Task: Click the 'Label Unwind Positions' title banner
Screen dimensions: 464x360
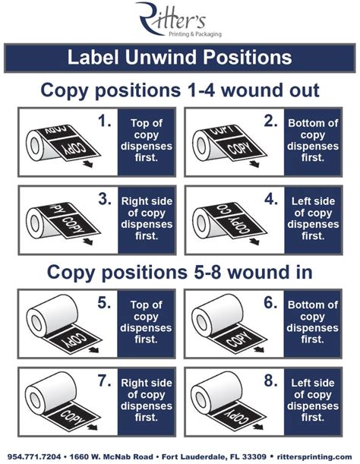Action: click(x=179, y=57)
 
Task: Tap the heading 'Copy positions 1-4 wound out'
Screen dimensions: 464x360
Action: click(x=179, y=90)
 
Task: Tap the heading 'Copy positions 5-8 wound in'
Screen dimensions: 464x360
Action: click(x=179, y=271)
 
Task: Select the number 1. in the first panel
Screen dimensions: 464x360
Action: click(x=106, y=121)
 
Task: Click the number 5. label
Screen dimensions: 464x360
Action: click(x=106, y=303)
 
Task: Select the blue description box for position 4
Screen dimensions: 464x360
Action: click(x=313, y=219)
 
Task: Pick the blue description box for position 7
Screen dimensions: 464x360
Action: click(x=147, y=400)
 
